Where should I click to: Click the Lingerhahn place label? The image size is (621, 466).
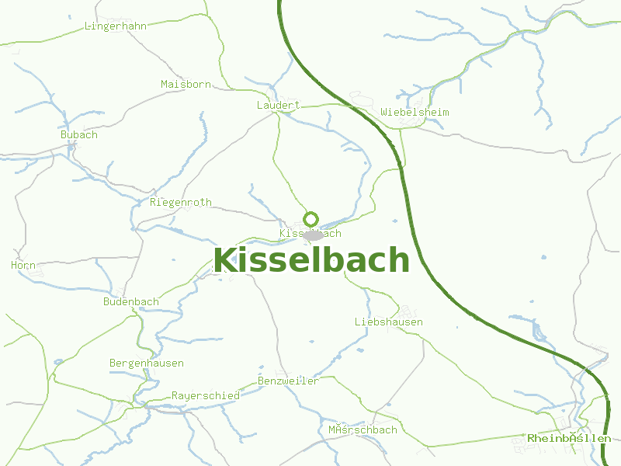115,26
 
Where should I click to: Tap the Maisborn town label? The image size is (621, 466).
186,84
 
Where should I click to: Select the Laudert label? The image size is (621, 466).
278,105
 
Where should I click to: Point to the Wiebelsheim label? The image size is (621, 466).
415,112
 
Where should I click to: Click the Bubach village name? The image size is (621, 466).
79,134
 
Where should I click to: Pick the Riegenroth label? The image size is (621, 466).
180,202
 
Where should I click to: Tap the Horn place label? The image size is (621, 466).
23,265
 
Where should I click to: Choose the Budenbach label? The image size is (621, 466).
131,301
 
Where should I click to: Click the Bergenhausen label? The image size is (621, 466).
147,363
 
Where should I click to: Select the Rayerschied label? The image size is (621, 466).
205,395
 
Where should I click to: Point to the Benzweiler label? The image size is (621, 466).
288,381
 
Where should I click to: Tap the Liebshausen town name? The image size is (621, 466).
389,322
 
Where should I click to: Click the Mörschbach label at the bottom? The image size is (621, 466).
363,429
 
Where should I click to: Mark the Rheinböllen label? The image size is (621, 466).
569,438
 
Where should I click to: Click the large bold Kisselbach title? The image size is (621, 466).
311,260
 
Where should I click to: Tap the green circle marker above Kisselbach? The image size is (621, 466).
311,219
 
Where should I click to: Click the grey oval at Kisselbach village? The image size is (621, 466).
314,235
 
